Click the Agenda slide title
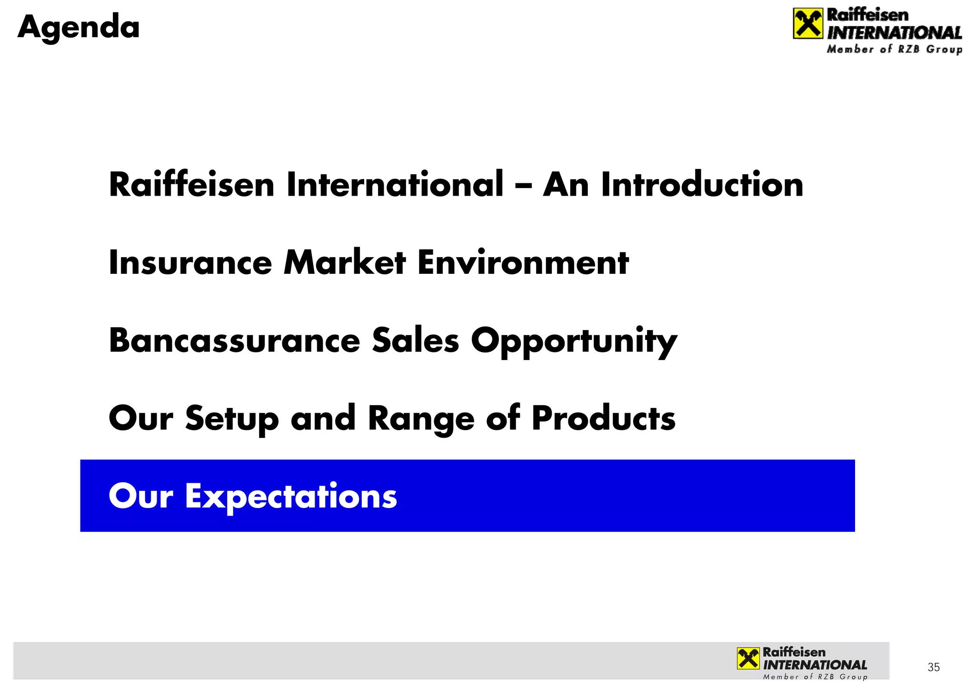tap(79, 27)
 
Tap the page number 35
tap(933, 667)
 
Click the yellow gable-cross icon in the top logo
tap(807, 23)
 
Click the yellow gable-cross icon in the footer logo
tap(748, 659)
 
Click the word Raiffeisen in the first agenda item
tap(191, 185)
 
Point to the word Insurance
tap(190, 263)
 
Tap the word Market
tap(345, 263)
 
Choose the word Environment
tap(523, 263)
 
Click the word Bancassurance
tap(234, 341)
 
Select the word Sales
tap(415, 341)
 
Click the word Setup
tap(232, 419)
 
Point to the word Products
tap(603, 419)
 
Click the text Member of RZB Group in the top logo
tap(894, 50)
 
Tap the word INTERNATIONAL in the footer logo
tap(815, 665)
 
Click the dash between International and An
tap(523, 186)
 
